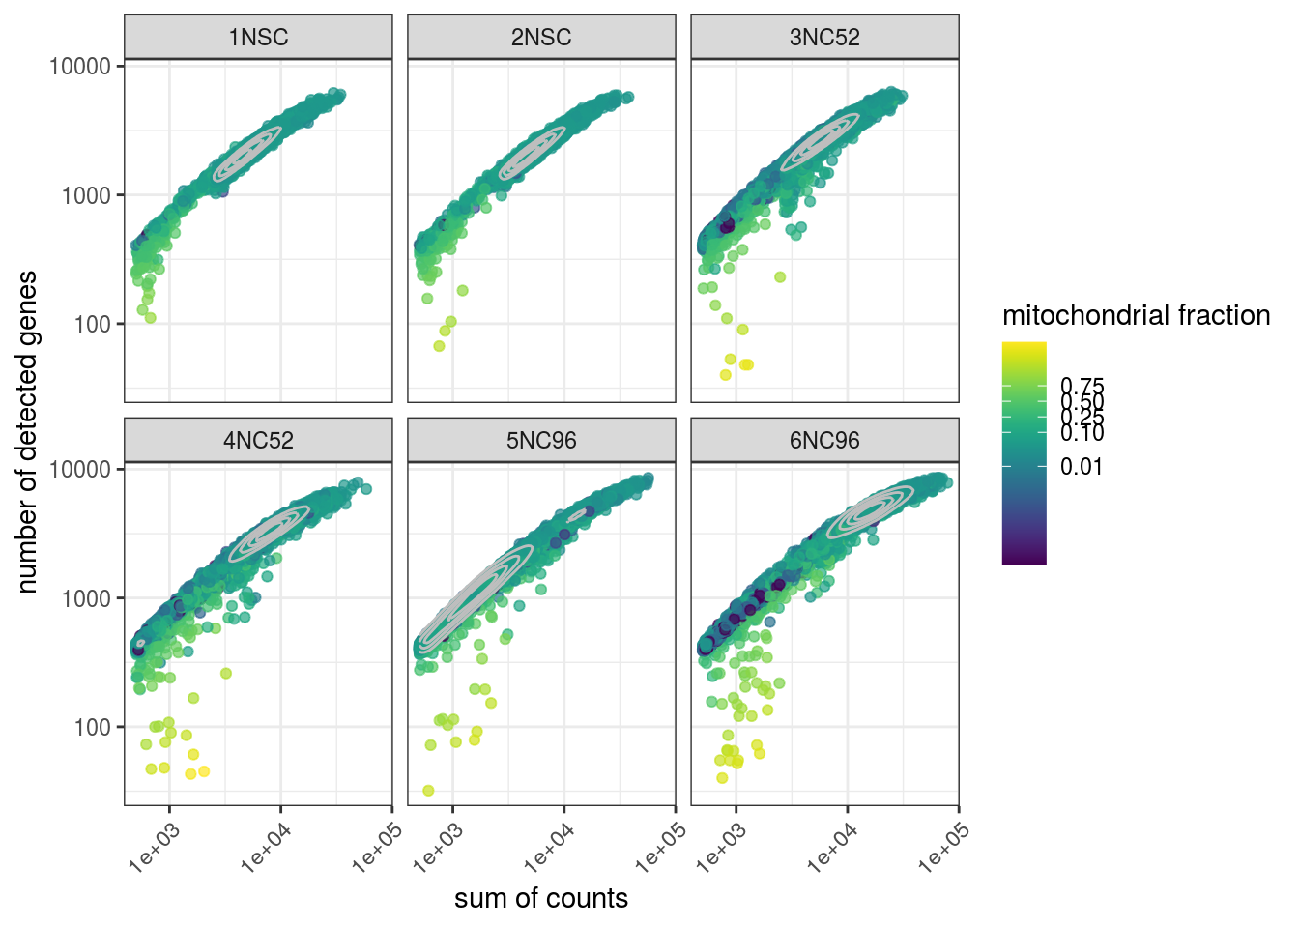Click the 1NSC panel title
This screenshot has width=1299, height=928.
coord(258,38)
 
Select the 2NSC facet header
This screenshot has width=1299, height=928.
coord(541,38)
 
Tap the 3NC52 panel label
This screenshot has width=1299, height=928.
coord(824,38)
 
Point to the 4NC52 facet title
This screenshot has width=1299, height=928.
coord(258,441)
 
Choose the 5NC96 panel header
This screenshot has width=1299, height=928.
coord(541,441)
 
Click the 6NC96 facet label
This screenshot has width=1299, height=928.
coord(824,441)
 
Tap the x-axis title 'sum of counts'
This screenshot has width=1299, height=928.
coord(541,899)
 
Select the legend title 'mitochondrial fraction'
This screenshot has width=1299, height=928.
coord(1136,315)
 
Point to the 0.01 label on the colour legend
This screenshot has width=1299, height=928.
coord(1081,467)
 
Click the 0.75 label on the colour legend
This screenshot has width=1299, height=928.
coord(1082,387)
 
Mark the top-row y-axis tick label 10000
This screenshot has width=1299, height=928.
coord(80,66)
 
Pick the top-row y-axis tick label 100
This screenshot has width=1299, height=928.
coord(93,325)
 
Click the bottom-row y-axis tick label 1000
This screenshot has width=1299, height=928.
coord(87,598)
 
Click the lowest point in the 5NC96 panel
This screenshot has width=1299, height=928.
coord(428,791)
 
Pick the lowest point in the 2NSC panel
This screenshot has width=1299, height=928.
coord(439,346)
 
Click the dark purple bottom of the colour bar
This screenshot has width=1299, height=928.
coord(1025,555)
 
